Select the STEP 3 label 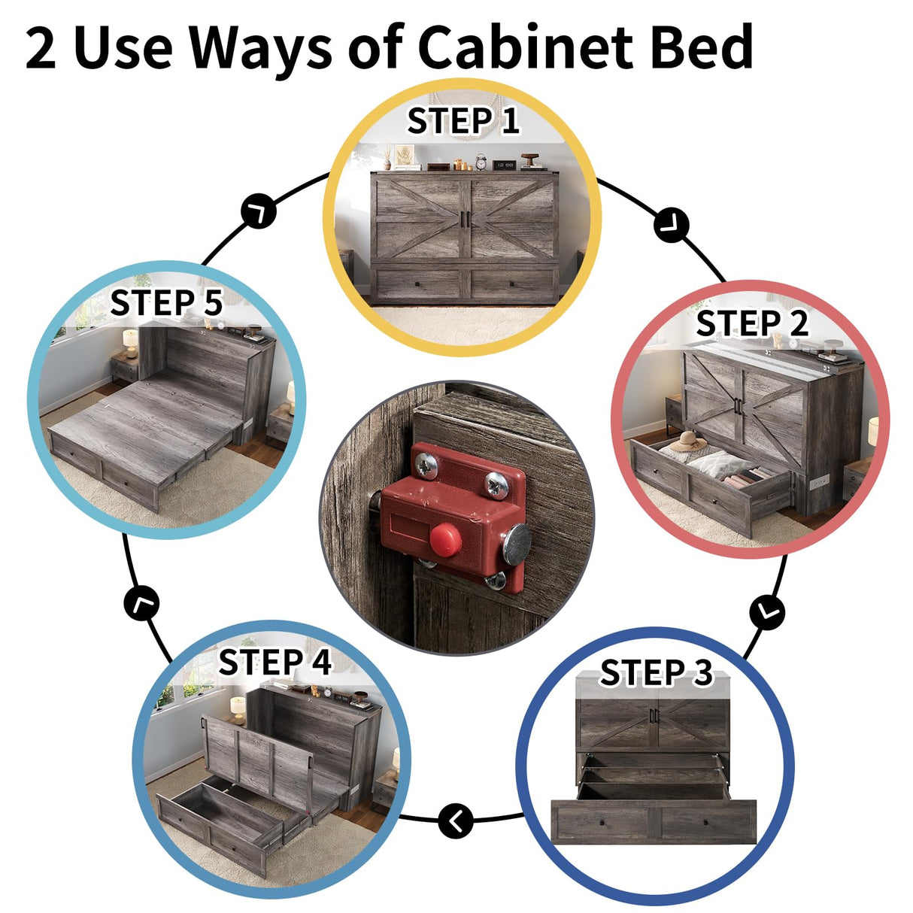[657, 672]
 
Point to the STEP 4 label [275, 662]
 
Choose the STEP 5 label [166, 302]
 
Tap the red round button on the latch [445, 539]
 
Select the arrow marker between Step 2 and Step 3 [767, 612]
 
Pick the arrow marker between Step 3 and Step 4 [456, 821]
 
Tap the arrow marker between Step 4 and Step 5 [141, 603]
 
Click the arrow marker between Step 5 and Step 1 [259, 211]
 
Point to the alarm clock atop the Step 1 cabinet [481, 161]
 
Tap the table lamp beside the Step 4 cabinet [238, 711]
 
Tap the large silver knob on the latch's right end [517, 544]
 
